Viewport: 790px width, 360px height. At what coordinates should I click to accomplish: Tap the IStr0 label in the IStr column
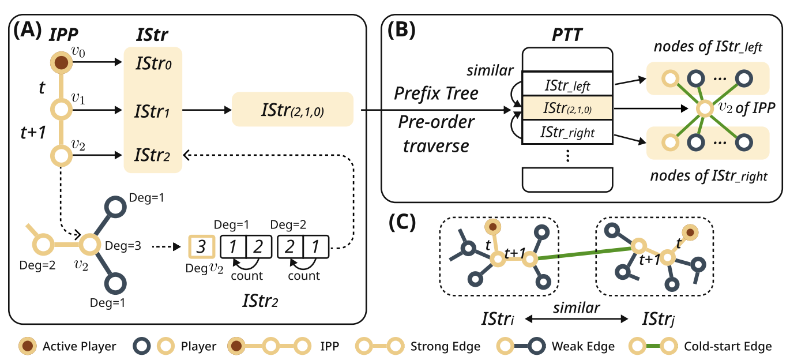[x=152, y=63]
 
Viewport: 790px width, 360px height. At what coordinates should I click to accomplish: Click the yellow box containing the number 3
[x=201, y=247]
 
